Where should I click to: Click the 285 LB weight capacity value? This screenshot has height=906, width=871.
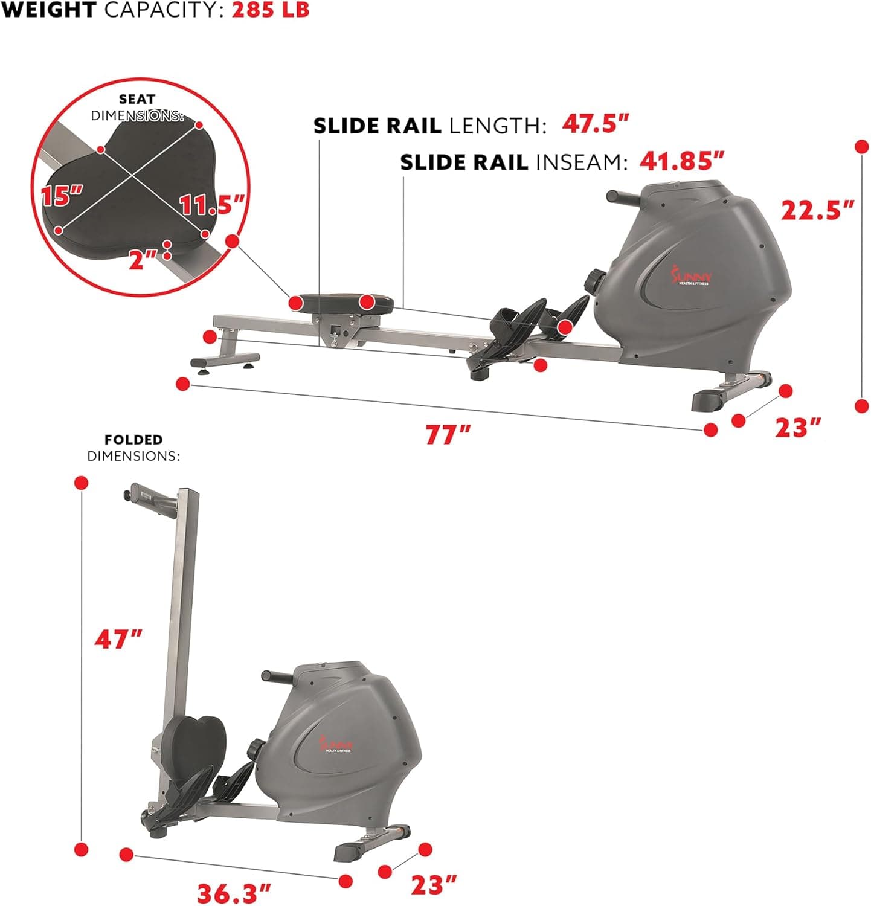(271, 11)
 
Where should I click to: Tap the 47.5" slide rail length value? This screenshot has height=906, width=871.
(596, 124)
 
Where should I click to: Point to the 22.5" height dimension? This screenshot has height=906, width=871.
(818, 210)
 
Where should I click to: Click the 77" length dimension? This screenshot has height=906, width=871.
(448, 435)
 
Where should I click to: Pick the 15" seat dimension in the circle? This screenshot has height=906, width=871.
(62, 196)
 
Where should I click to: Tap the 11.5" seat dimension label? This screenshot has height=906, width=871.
(211, 205)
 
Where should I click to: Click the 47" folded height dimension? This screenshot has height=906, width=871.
(118, 639)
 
